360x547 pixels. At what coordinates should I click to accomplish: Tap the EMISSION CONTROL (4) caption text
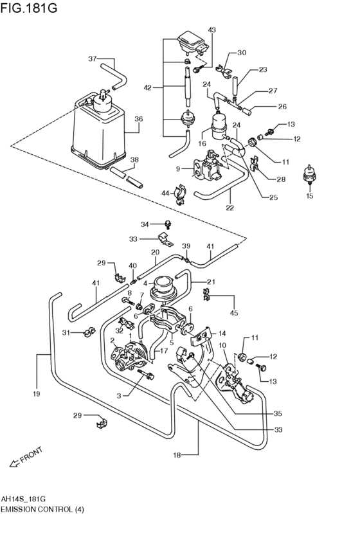point(42,510)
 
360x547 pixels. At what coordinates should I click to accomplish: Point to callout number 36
point(138,119)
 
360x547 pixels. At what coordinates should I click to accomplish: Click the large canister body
point(96,132)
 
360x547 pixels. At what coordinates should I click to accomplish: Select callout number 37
point(93,59)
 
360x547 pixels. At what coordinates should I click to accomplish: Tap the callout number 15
point(309,195)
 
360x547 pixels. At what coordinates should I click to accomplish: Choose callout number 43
point(212,30)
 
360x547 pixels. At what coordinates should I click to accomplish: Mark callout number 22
point(230,208)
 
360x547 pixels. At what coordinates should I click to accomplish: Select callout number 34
point(145,224)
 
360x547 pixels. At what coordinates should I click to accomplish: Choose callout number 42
point(147,87)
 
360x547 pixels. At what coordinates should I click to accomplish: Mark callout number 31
point(66,332)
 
